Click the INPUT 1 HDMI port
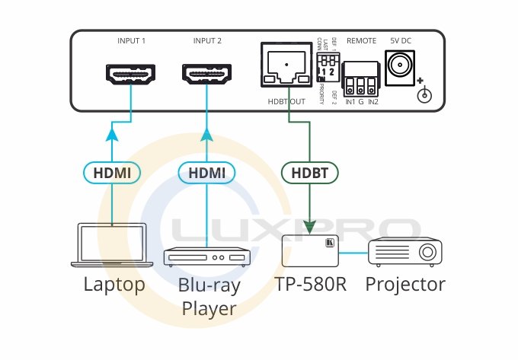pos(132,75)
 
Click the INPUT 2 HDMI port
pos(207,75)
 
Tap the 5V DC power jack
pos(399,66)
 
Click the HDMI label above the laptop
pos(112,174)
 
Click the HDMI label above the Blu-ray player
pos(206,174)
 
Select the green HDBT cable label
pos(310,174)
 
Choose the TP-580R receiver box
pos(310,250)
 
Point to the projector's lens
pos(428,251)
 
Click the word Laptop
pos(114,285)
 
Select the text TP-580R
pos(311,285)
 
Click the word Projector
pos(405,285)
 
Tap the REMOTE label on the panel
pos(362,40)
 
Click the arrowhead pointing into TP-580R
pos(310,226)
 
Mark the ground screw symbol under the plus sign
pos(427,95)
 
